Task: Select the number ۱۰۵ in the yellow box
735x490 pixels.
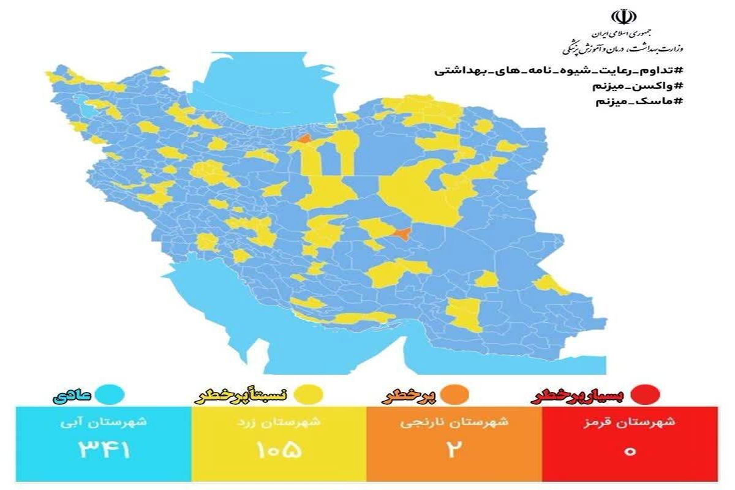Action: pos(279,451)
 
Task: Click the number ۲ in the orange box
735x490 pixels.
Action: pos(454,451)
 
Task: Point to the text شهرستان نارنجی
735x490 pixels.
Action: pos(454,422)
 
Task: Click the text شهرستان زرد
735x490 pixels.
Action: pos(279,422)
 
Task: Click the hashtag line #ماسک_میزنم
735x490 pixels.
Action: pos(637,101)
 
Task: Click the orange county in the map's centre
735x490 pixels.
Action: pos(402,233)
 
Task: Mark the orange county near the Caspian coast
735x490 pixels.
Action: pos(304,140)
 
